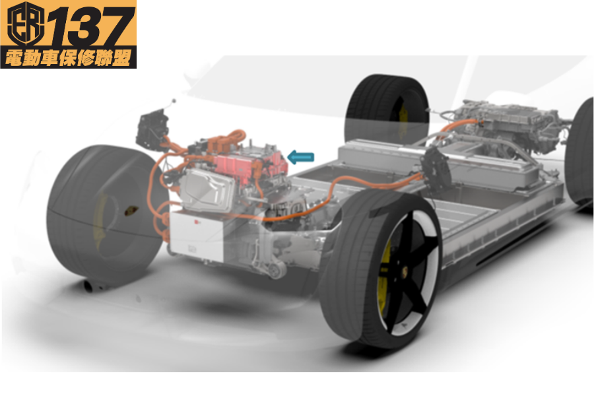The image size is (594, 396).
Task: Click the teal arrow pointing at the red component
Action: (x=301, y=157)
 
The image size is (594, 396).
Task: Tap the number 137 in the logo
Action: (x=91, y=26)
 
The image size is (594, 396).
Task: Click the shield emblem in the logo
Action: (x=26, y=24)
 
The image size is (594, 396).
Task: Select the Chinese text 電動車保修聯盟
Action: (x=68, y=58)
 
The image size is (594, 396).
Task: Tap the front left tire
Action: (x=106, y=213)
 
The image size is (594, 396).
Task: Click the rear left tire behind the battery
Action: (x=387, y=109)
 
